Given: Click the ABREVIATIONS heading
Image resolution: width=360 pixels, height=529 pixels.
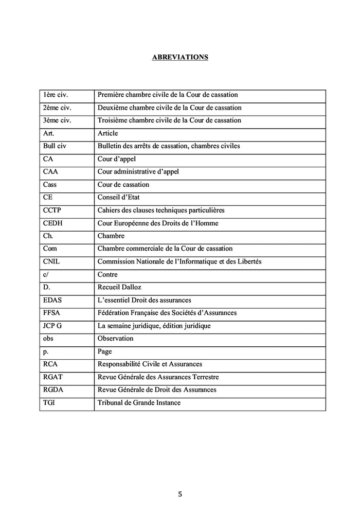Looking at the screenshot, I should (180, 57).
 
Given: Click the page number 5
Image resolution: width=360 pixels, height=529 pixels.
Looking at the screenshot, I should (179, 495).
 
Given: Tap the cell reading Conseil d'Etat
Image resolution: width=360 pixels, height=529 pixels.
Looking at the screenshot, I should (118, 197).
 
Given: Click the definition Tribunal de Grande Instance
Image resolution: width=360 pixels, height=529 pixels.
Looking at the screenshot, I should (139, 402).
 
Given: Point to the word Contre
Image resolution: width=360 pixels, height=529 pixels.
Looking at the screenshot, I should (107, 274).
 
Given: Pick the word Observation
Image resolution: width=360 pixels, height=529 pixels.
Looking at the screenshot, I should (115, 338).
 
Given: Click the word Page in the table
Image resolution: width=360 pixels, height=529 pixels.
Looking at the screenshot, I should (104, 351).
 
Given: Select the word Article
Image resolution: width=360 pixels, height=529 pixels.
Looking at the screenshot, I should (107, 133).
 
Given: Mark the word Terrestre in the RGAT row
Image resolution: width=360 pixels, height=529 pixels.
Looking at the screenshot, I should (203, 377).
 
